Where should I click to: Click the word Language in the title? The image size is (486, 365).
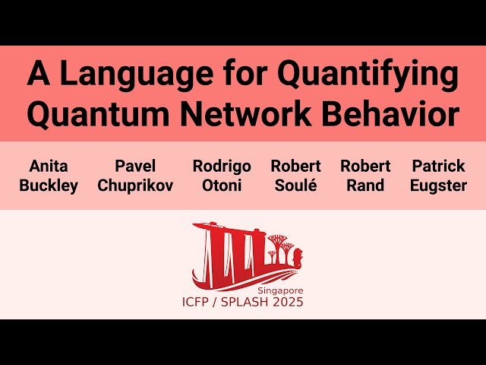point(132,75)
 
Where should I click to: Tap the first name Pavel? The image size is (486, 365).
point(135,166)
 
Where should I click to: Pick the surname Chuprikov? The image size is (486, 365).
point(135,186)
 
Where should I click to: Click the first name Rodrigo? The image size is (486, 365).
point(221,166)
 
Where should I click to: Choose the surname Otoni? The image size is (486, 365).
point(221,186)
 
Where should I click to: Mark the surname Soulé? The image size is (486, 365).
point(295,186)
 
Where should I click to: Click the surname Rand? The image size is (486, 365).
point(365,186)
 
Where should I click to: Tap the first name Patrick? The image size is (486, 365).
point(438,166)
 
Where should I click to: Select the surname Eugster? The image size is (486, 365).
point(438,186)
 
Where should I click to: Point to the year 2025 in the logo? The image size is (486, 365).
point(289,303)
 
